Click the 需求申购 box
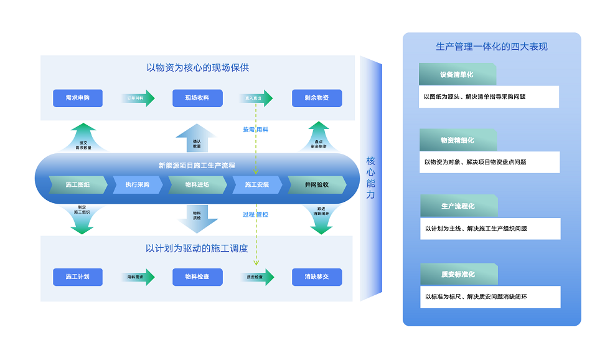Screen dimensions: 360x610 (x=78, y=98)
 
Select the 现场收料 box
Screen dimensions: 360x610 (x=197, y=98)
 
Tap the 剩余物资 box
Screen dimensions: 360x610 (x=317, y=98)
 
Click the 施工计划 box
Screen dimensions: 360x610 (x=78, y=277)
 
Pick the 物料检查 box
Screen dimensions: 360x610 (x=197, y=277)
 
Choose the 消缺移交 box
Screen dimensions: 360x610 (x=317, y=277)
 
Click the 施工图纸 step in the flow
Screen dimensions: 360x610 (x=78, y=185)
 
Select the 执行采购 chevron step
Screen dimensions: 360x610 (x=137, y=185)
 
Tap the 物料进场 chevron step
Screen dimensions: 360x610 (x=197, y=185)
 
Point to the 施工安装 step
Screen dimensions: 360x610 (x=257, y=185)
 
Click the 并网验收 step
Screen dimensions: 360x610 (x=317, y=185)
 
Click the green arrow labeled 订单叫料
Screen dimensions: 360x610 (x=137, y=98)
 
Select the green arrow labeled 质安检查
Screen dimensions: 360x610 (x=256, y=277)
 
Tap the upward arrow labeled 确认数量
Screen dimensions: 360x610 (x=197, y=140)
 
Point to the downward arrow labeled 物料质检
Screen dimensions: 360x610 (x=197, y=218)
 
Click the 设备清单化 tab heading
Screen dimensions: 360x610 (x=457, y=75)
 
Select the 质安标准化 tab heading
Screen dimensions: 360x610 (x=458, y=274)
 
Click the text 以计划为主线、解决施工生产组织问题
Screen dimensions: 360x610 (x=476, y=229)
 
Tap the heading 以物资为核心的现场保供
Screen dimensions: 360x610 (x=198, y=67)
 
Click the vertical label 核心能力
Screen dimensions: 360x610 (x=371, y=178)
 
